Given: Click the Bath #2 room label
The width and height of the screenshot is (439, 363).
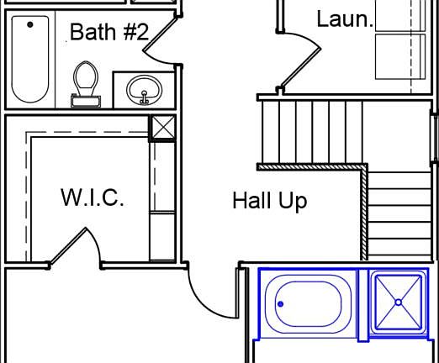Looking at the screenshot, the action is pos(109,32).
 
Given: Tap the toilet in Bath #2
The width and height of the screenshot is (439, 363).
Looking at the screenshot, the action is pos(86,83).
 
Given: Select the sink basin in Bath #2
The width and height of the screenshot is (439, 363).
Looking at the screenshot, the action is pos(144,90).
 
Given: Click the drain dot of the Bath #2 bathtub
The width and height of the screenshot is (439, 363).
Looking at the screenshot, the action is pos(30,24).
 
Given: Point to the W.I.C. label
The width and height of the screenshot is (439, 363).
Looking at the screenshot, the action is pos(93,197).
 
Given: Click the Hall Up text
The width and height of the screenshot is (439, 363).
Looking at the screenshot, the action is pos(270,201).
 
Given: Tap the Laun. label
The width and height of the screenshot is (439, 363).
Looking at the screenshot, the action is pos(345,19).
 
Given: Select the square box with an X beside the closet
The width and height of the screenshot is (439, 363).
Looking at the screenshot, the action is pos(163,128).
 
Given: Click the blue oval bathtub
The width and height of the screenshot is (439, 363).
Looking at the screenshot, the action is pos(308,304).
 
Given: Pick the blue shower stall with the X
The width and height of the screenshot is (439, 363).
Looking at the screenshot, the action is pos(399,302).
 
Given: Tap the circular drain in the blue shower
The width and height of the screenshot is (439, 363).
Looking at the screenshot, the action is pos(399,302).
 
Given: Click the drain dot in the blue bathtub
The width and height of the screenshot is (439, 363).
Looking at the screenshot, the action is pos(280,304).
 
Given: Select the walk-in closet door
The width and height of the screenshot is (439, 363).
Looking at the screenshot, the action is pos(67,245).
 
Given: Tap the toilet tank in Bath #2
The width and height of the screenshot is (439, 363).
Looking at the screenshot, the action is pos(86,102).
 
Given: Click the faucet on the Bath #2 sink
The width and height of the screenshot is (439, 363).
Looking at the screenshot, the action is pos(144,97).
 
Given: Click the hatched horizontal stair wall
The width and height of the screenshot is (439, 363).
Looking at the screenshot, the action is pos(312,167).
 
